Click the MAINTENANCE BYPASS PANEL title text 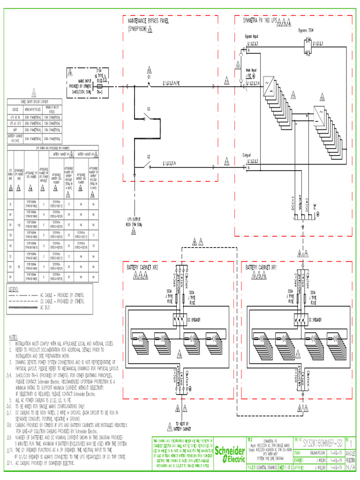pos(149,21)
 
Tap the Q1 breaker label pos(150,75)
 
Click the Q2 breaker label pos(149,156)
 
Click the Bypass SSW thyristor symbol pos(308,43)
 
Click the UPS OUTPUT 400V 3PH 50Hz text pos(134,221)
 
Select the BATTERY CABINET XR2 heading pos(142,267)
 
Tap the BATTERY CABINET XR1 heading pos(262,267)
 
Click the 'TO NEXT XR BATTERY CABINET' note pos(180,427)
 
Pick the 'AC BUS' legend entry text pos(45,308)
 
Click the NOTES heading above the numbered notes pos(13,337)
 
